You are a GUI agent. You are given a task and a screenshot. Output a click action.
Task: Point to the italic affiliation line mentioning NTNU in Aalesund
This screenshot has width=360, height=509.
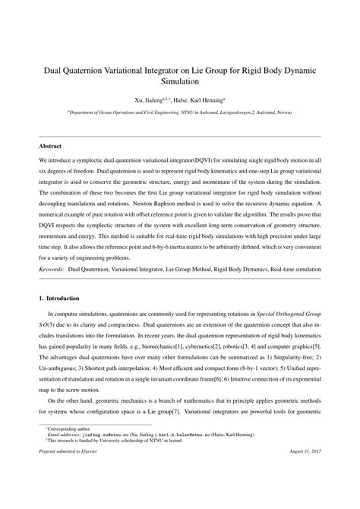click(180, 111)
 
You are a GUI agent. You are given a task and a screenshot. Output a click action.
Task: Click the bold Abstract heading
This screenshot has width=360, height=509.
click(51, 144)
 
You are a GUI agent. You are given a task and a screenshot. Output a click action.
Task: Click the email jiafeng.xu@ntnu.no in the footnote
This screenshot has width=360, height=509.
click(106, 457)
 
